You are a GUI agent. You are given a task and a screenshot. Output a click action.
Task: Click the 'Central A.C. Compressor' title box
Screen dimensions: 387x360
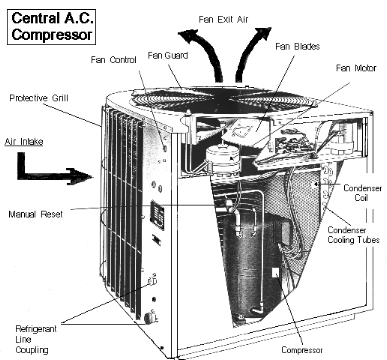(52, 27)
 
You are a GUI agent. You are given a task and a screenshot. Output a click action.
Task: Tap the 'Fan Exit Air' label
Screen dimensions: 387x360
(223, 20)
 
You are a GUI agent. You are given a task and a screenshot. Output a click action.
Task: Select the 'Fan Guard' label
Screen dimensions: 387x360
(168, 55)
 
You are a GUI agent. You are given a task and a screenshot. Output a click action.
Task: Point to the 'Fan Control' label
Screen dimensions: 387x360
(114, 60)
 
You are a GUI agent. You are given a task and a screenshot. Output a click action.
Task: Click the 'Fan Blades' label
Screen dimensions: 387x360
(298, 46)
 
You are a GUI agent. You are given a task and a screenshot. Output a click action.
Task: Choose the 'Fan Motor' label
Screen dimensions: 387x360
(356, 68)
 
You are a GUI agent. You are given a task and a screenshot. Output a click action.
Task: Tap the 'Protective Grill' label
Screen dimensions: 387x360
(39, 98)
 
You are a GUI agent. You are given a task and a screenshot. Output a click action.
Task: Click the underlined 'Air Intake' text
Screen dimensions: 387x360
(24, 142)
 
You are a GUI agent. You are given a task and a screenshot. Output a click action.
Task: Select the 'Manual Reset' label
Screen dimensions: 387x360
(35, 214)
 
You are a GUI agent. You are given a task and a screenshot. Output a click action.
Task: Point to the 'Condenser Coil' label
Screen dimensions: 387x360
(362, 193)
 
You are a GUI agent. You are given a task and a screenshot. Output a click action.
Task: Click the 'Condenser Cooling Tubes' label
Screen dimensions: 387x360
(353, 235)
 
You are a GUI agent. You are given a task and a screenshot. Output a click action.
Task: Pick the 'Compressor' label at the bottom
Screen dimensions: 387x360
(302, 350)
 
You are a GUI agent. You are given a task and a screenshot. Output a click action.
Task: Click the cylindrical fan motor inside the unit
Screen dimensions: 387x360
(222, 159)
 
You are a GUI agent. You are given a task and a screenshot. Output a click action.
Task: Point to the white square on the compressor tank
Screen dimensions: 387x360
(276, 272)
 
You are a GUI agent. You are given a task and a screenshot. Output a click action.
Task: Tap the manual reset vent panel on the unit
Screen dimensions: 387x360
(157, 215)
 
